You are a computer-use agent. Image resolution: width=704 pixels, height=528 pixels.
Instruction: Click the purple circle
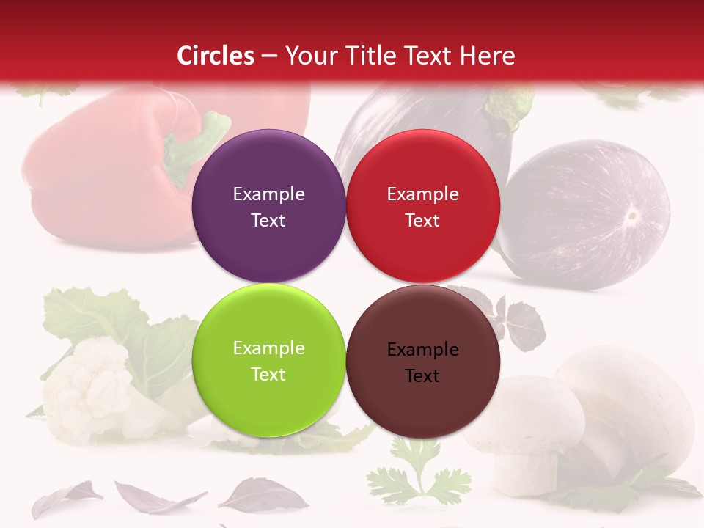point(268,206)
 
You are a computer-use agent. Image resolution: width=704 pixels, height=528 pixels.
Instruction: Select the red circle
point(422,206)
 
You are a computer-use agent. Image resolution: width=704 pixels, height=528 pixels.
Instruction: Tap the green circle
point(268,360)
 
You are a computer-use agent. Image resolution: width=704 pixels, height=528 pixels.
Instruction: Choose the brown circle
point(422,362)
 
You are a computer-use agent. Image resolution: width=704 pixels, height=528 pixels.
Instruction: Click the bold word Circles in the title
point(216,56)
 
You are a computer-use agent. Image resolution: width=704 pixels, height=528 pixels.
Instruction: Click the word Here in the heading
point(488,56)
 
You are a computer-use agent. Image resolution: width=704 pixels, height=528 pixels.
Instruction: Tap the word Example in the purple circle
point(268,194)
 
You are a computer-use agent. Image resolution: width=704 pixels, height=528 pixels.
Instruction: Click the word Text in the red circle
point(422,220)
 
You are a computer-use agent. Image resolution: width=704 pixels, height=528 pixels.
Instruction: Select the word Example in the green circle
point(268,348)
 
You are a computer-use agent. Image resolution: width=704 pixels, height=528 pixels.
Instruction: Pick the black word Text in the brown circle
point(422,376)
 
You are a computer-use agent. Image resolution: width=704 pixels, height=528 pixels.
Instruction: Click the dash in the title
point(269,56)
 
